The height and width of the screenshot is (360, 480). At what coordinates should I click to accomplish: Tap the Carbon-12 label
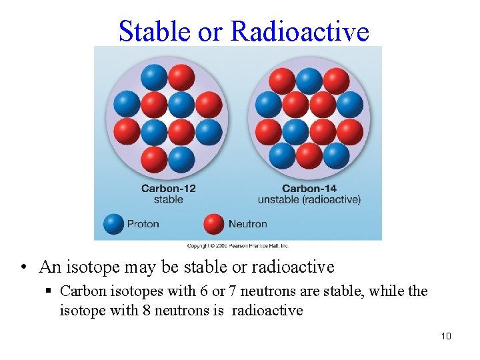168,188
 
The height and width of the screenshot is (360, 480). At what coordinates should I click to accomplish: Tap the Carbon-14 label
309,188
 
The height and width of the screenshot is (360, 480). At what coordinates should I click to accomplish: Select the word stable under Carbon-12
168,199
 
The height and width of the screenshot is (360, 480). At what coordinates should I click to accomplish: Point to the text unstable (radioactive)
309,199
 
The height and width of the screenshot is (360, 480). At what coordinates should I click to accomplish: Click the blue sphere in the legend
114,223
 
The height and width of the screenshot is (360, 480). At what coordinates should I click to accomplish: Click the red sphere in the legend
214,223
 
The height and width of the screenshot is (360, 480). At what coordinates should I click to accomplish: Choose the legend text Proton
143,224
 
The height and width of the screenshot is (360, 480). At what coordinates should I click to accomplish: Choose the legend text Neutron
247,224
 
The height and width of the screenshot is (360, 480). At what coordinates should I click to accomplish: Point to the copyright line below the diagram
237,245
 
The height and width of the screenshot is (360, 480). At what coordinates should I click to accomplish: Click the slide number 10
446,336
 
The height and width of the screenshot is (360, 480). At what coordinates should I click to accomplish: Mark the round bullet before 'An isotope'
23,268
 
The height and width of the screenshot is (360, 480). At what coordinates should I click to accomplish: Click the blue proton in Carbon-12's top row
154,77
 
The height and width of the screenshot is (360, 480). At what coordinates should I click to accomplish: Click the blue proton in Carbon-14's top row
309,81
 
